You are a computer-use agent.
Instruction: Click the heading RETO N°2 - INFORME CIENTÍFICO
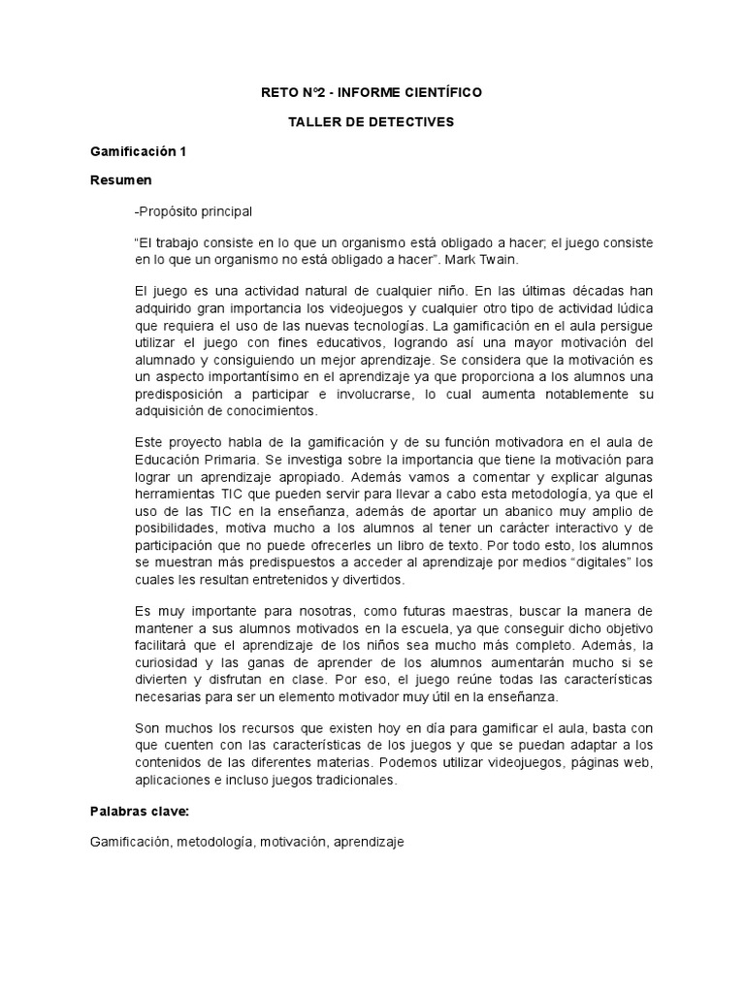pos(372,92)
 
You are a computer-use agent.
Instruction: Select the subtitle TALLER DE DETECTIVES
pos(372,122)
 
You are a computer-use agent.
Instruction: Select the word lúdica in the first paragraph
pos(634,305)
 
